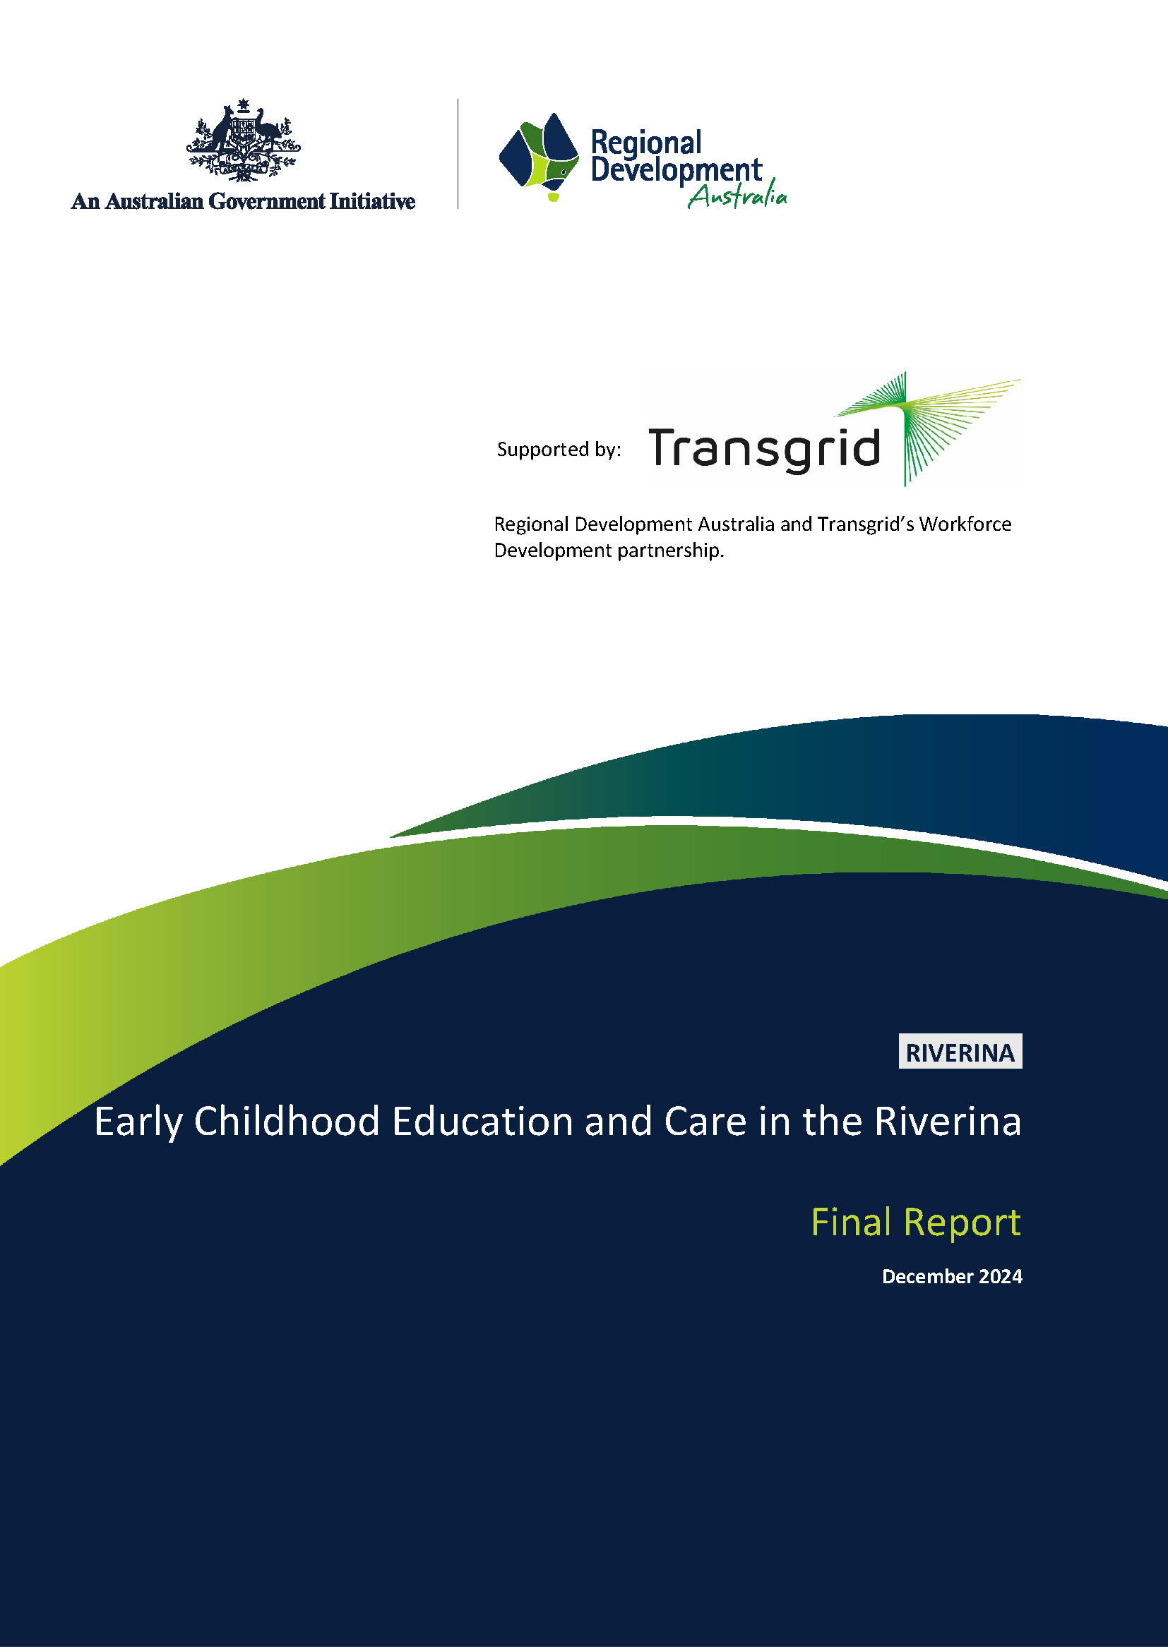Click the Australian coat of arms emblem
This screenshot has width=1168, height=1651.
[x=243, y=141]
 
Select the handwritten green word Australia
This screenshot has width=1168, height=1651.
[x=737, y=196]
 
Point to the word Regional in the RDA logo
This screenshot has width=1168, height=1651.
[x=645, y=143]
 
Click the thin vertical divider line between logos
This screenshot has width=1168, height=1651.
[x=458, y=154]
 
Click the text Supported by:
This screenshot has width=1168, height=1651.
[x=558, y=450]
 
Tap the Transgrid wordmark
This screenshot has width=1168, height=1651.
[x=764, y=450]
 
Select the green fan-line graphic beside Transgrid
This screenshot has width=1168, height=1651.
[x=928, y=428]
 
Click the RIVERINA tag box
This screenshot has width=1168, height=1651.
[x=960, y=1051]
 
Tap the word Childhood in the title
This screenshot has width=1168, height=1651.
[x=286, y=1122]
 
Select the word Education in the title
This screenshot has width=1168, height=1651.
[x=482, y=1122]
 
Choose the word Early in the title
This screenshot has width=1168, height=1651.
[x=138, y=1122]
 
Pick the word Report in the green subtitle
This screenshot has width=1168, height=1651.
[x=962, y=1223]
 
